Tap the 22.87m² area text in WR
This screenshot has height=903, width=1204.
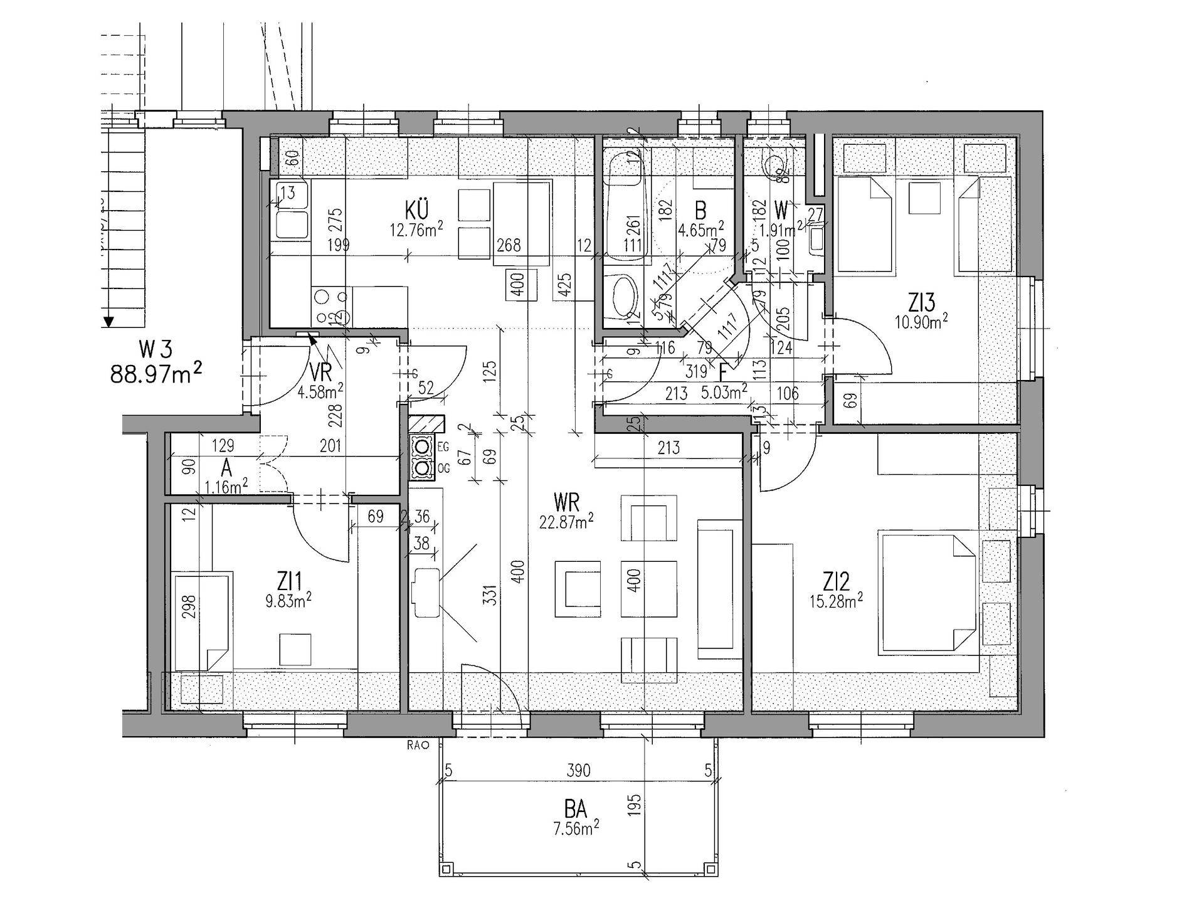click(x=566, y=521)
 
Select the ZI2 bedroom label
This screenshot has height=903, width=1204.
click(x=837, y=582)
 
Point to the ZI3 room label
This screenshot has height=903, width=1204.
click(x=921, y=303)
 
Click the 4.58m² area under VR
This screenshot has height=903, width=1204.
click(x=322, y=391)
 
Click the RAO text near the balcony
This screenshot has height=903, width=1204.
click(x=418, y=746)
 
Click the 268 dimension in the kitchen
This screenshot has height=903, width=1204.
click(x=508, y=245)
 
